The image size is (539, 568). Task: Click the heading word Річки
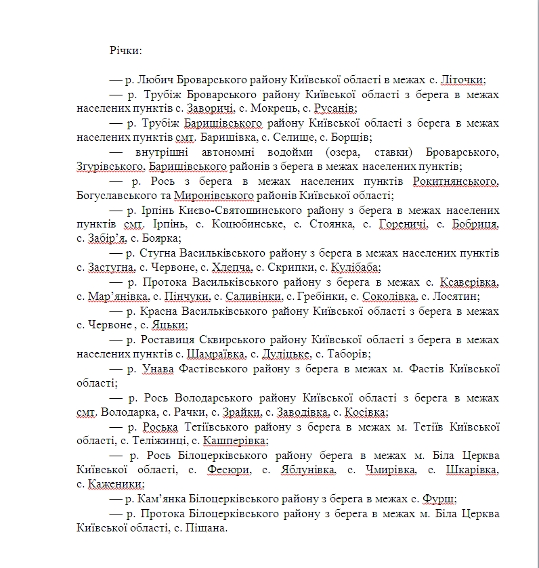(x=125, y=50)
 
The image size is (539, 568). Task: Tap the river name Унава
(x=158, y=369)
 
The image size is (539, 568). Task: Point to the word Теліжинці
(x=149, y=441)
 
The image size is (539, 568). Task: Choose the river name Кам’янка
(x=164, y=499)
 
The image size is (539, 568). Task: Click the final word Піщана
(x=204, y=528)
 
